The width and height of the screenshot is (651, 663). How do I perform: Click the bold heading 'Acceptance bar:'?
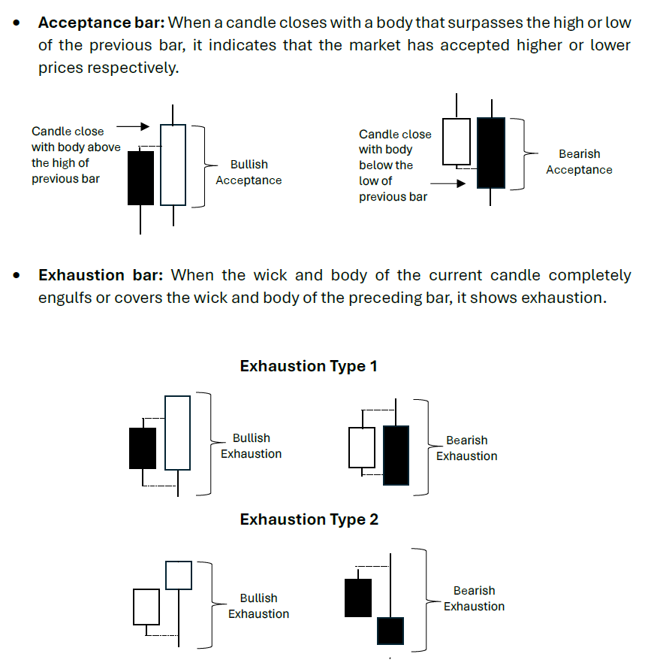click(101, 23)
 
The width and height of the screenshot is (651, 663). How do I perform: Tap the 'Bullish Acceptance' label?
click(249, 172)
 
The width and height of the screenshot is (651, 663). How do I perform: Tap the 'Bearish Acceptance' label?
click(579, 162)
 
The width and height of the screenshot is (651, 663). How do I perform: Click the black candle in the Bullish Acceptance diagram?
click(140, 178)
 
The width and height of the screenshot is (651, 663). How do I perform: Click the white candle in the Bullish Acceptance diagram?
click(173, 165)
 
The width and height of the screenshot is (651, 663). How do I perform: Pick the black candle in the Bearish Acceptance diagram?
click(491, 153)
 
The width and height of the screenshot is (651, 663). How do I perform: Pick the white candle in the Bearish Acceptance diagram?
click(457, 141)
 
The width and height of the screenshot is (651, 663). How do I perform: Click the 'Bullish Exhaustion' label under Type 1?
click(251, 446)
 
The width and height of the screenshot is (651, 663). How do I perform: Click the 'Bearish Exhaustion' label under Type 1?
click(466, 448)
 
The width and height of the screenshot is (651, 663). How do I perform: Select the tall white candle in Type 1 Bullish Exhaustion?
click(177, 433)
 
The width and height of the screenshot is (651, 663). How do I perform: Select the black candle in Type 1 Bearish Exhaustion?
click(396, 455)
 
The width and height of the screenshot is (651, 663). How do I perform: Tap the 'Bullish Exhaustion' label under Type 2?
click(258, 606)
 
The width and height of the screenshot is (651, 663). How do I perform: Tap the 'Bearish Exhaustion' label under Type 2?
click(474, 598)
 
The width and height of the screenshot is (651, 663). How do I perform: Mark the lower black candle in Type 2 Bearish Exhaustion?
click(390, 631)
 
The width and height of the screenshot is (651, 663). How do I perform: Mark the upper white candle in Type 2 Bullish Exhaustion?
click(179, 575)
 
